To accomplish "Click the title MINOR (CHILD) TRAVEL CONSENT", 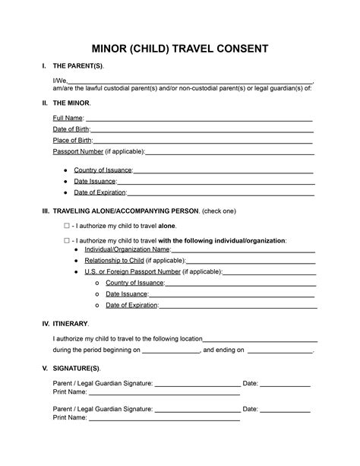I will pos(179,49).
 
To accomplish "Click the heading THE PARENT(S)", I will pos(78,67).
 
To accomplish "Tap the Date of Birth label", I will pos(72,130).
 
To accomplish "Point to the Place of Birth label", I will pos(73,141).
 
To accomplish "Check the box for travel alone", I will pos(67,227).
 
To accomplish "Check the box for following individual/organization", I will pos(67,240).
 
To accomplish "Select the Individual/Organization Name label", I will pos(128,249).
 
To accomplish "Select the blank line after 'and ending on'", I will pos(281,351).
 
